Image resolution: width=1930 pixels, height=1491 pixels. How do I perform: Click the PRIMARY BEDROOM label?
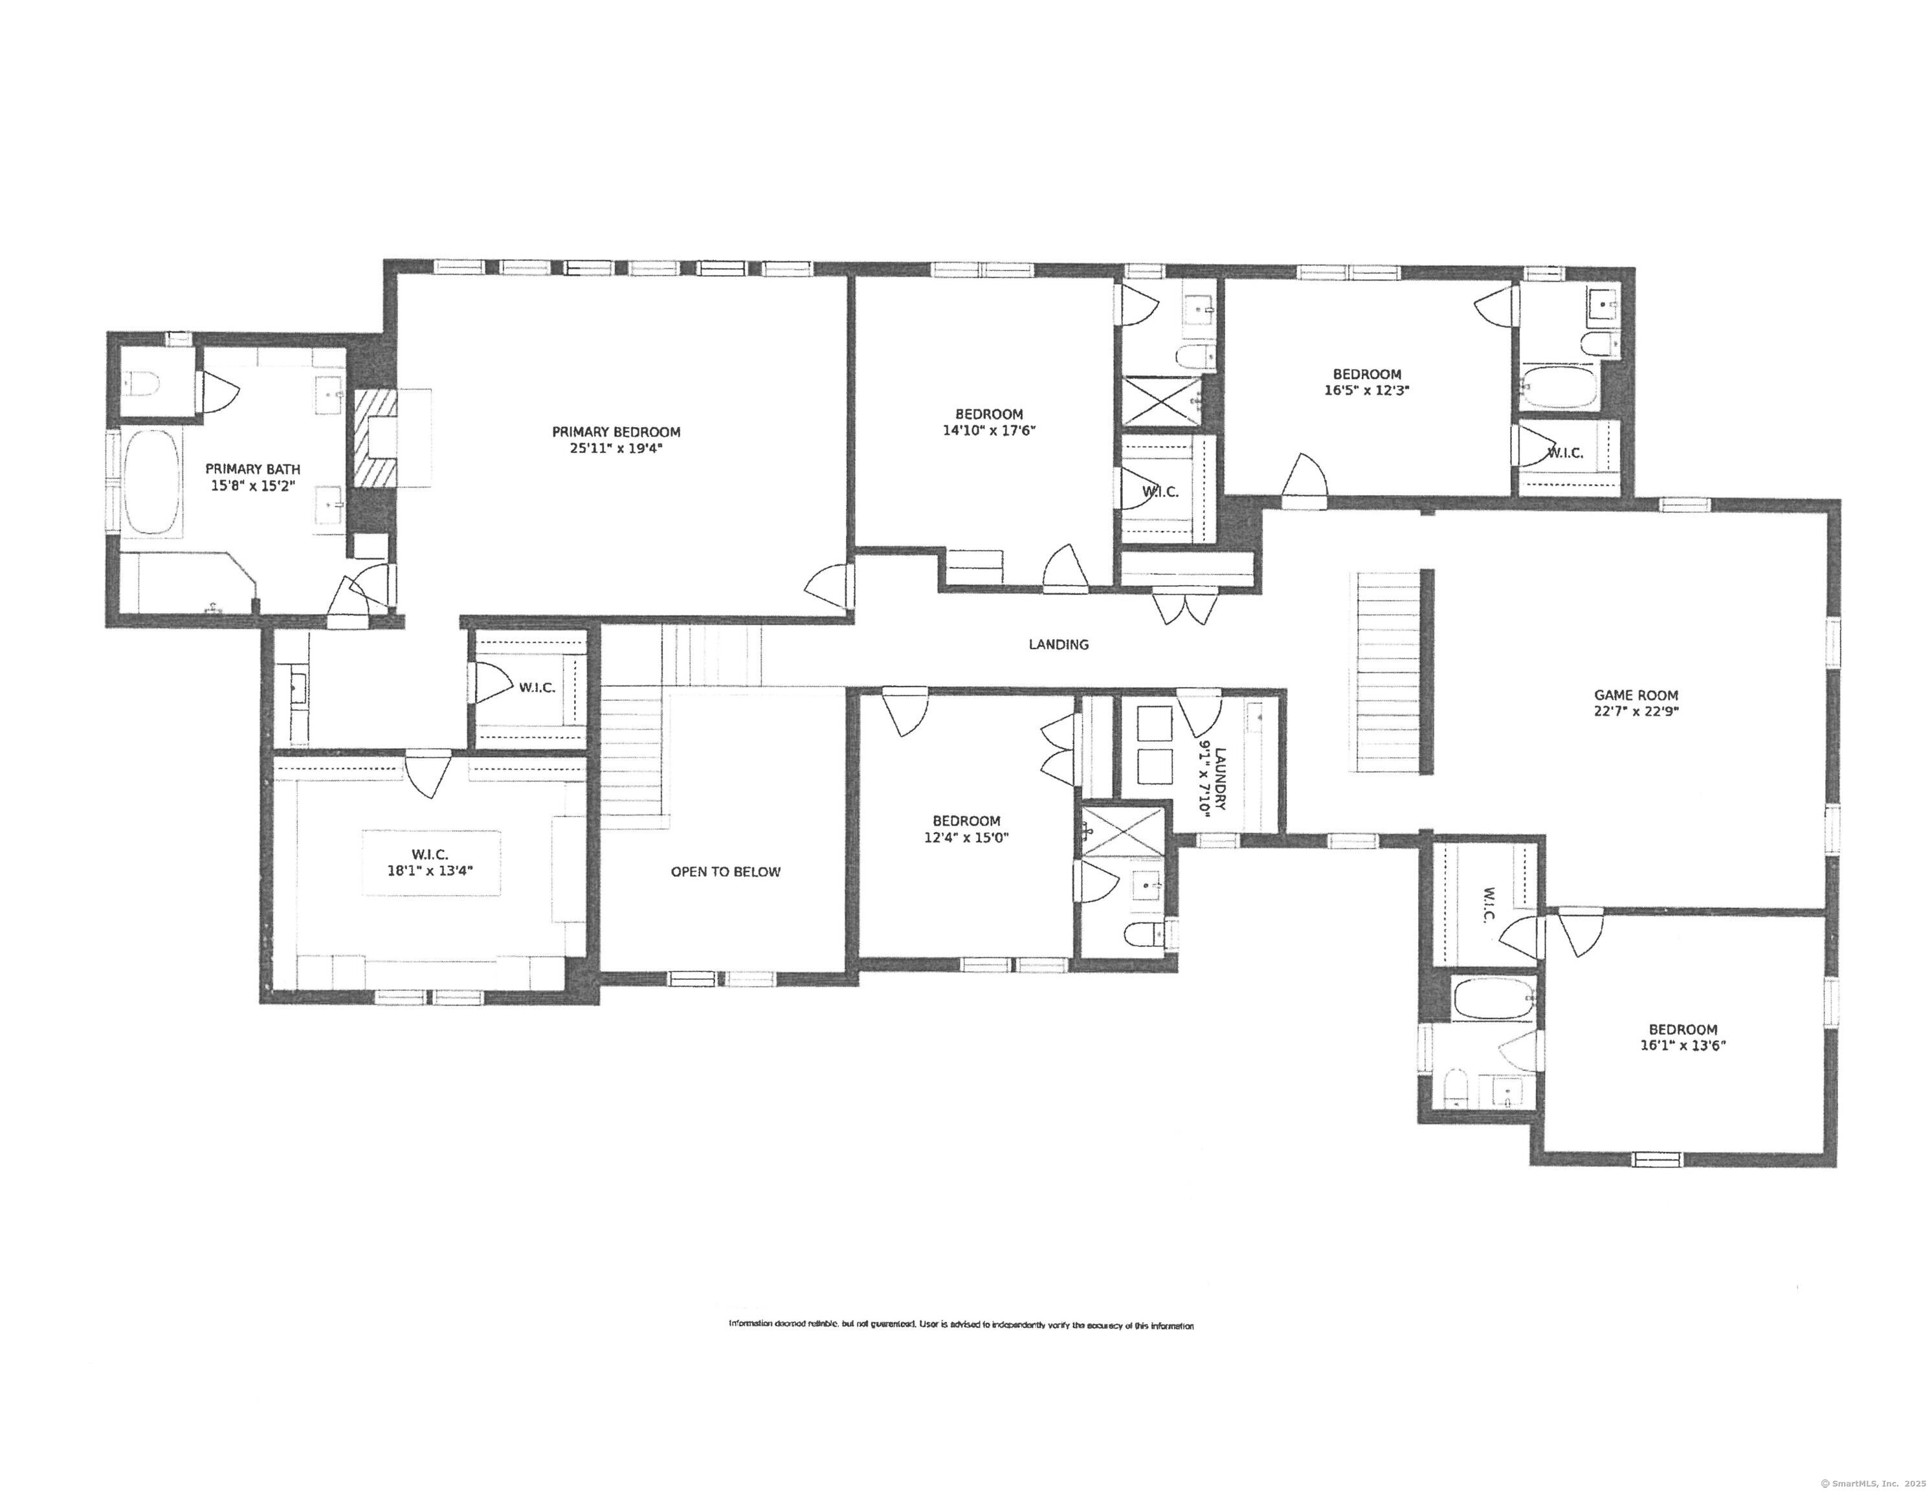616,432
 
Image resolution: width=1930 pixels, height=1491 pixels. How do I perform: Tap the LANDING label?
1058,645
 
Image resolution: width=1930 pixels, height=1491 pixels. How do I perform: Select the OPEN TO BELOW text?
726,872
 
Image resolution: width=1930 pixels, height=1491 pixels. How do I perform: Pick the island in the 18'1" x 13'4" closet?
430,863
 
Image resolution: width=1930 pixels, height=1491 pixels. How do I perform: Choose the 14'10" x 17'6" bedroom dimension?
989,431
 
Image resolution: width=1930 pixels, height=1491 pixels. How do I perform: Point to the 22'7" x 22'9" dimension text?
1636,711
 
